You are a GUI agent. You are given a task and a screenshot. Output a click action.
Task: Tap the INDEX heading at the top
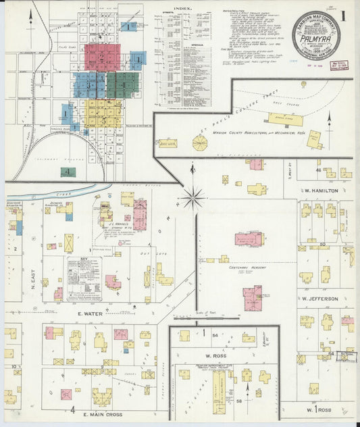coord(182,9)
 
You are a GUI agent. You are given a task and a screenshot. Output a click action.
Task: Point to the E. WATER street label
coord(88,313)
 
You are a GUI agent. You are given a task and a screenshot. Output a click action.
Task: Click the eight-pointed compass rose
coord(193,198)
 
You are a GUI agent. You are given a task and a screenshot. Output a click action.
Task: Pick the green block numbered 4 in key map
coord(68,172)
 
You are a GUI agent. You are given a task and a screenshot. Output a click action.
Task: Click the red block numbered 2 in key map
coord(103,57)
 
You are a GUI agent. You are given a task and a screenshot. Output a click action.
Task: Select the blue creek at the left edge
coord(41,194)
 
